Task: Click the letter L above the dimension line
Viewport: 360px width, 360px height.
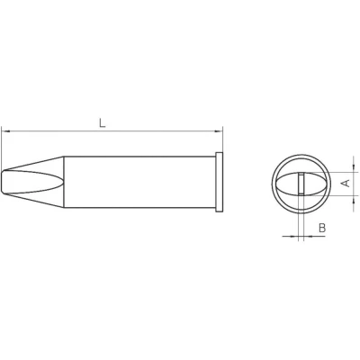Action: point(103,122)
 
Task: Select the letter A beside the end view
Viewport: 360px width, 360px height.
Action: point(346,183)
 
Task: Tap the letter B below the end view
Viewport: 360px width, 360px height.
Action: point(322,228)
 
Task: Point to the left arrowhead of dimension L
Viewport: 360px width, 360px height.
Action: point(6,131)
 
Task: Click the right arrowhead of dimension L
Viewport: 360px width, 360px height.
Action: point(219,131)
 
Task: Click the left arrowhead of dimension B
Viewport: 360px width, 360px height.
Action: point(294,236)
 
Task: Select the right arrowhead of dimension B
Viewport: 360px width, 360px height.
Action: point(309,236)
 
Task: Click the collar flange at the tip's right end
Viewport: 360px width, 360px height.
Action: point(220,182)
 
